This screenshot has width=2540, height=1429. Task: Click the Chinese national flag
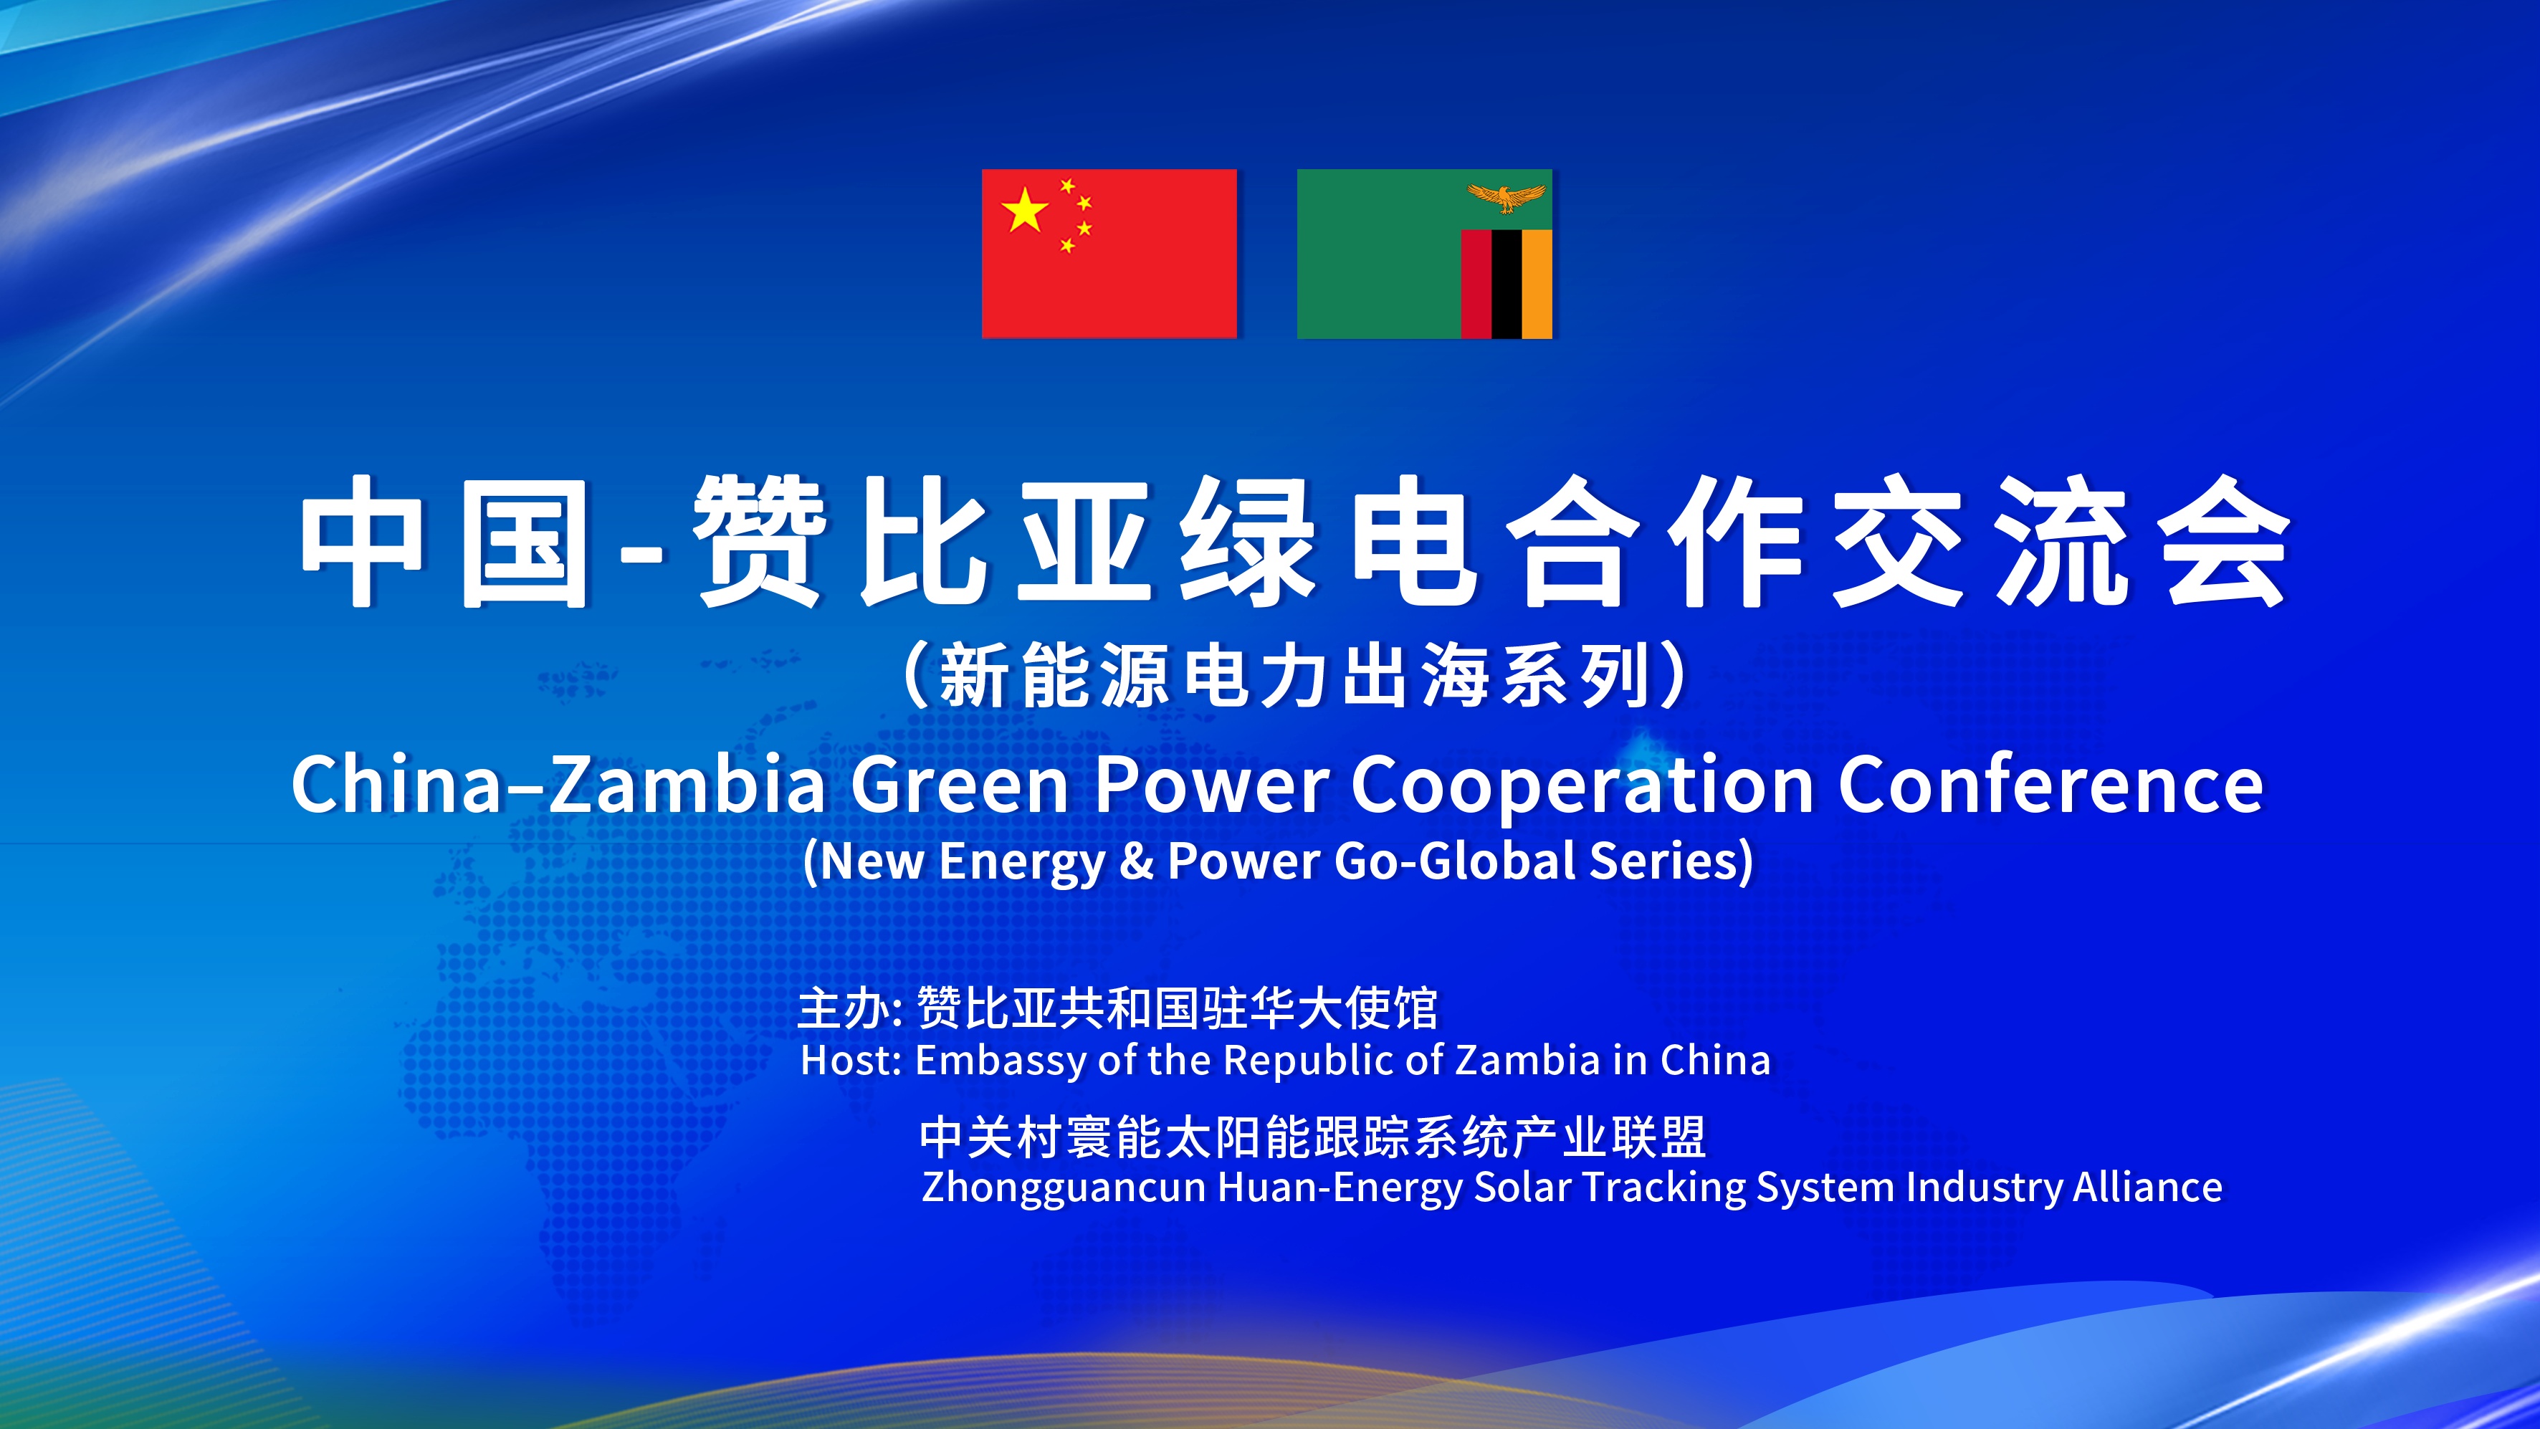click(1109, 254)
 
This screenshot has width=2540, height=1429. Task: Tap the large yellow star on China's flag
click(1024, 210)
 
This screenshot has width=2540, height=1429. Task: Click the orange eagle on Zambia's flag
click(1506, 197)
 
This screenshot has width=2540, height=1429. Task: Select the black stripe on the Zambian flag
click(1507, 284)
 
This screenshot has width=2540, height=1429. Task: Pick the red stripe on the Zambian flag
click(1476, 284)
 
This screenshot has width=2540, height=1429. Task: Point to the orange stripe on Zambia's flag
click(1537, 284)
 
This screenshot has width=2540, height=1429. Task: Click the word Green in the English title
click(960, 785)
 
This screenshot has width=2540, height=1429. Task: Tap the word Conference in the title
click(2051, 785)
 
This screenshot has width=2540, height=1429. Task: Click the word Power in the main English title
click(1212, 785)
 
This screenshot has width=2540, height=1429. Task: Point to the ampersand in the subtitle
click(1136, 861)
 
